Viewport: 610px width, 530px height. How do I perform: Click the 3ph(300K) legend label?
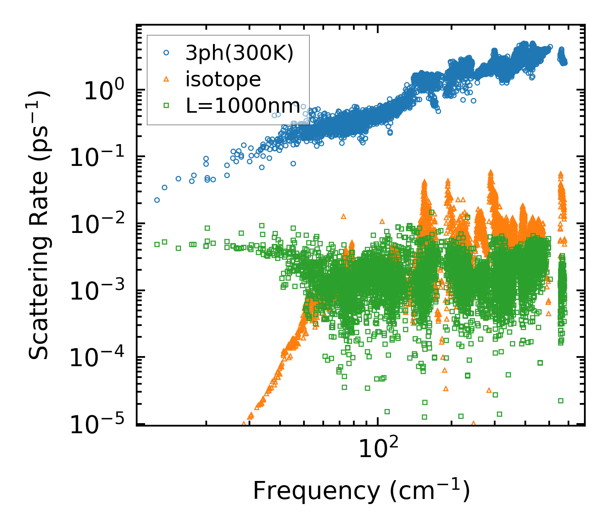coord(239,53)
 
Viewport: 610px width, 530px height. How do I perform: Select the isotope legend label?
coord(223,79)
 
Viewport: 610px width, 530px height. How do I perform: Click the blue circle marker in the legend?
coord(166,53)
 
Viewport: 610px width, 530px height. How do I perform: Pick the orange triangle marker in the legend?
coord(166,79)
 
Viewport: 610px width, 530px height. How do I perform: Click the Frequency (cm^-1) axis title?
coord(361,491)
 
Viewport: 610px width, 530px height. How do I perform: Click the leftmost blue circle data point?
coord(157,200)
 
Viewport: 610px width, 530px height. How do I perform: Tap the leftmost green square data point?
coord(157,244)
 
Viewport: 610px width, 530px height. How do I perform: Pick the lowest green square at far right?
coord(561,401)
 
